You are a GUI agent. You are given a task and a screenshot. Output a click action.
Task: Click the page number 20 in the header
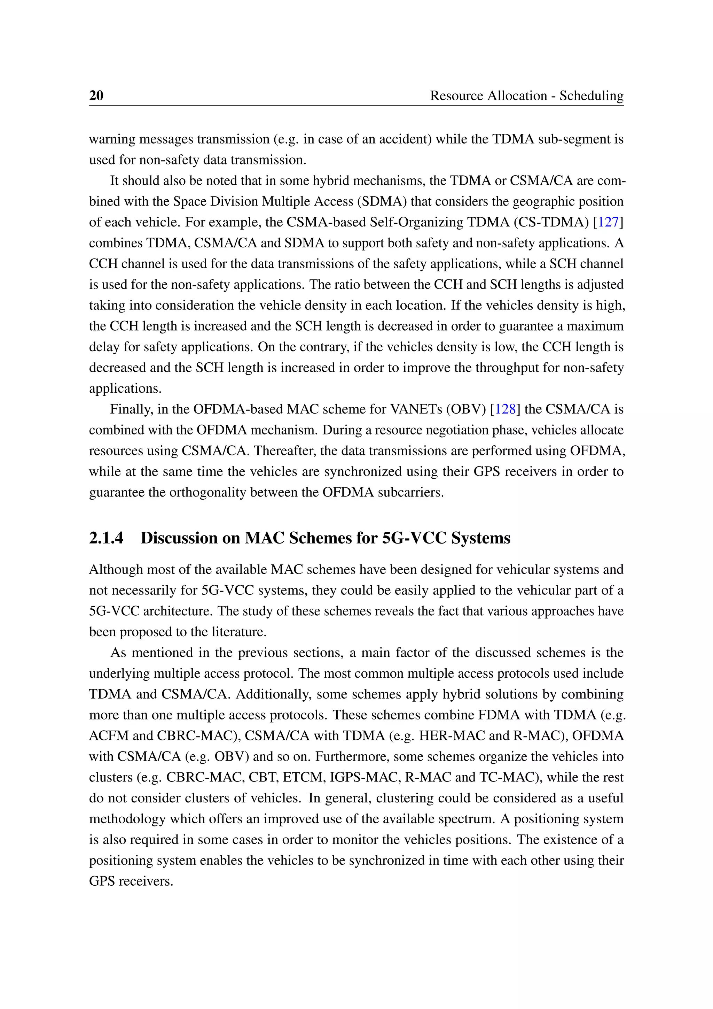[96, 95]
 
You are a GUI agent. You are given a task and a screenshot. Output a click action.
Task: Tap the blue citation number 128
[505, 409]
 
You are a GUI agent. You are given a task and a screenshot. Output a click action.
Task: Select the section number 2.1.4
[106, 538]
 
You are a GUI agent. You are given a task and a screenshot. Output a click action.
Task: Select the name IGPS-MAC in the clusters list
[365, 777]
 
